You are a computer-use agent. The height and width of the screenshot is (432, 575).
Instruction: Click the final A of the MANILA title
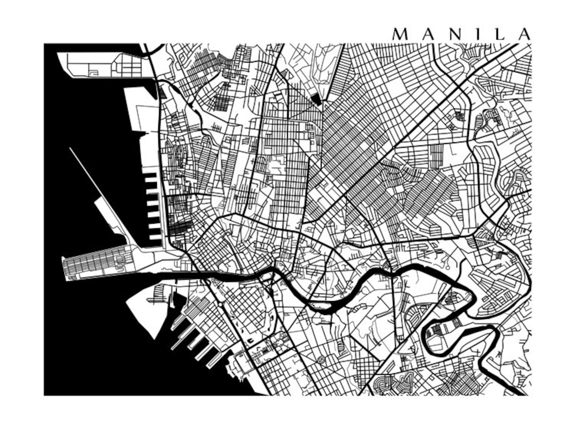[524, 34]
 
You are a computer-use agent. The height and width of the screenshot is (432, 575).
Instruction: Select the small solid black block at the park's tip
[316, 99]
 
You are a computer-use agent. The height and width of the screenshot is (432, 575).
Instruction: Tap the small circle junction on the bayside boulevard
[220, 304]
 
